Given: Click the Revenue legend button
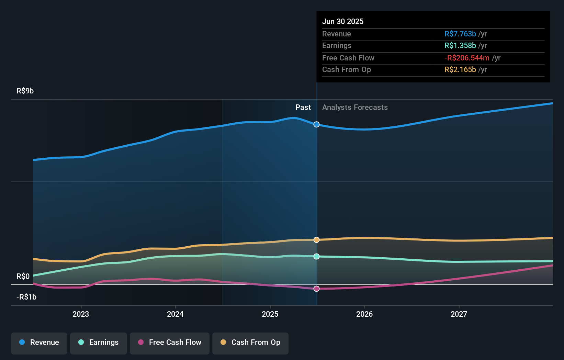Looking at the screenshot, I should click(39, 343).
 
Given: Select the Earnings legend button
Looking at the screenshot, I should click(99, 343).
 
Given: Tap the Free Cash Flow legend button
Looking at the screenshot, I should click(170, 343).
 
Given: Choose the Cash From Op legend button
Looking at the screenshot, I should click(250, 343).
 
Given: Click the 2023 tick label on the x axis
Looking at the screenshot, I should click(81, 314).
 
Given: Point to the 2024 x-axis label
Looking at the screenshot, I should click(175, 314).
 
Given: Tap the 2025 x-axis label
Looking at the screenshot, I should click(270, 314).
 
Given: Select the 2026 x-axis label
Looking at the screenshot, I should click(364, 314).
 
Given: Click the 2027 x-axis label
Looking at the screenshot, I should click(459, 314).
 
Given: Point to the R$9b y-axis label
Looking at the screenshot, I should click(25, 91).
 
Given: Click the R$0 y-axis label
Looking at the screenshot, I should click(23, 276).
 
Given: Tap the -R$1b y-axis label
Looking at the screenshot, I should click(26, 297).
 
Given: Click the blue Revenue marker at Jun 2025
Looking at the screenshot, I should click(317, 124).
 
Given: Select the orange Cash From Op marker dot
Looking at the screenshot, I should click(317, 240).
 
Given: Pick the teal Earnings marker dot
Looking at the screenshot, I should click(317, 257).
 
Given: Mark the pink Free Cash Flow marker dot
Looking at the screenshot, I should click(317, 289).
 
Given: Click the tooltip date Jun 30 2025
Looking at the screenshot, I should click(342, 21).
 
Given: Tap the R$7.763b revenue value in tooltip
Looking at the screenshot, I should click(460, 34).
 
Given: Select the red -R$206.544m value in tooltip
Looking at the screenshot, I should click(466, 58).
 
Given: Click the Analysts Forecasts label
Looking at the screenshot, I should click(355, 107).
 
